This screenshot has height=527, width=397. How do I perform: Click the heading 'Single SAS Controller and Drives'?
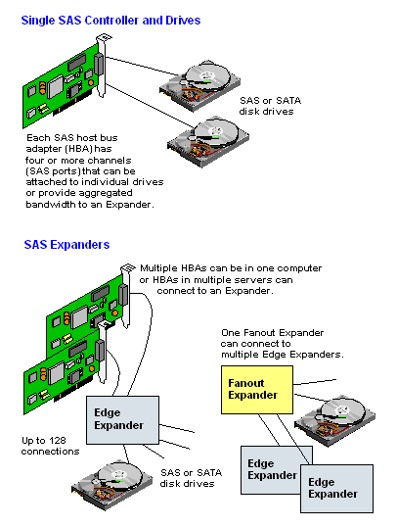110,21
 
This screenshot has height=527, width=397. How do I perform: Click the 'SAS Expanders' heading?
66,245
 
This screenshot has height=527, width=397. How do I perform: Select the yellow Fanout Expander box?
257,390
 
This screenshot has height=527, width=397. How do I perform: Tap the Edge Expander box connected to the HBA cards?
122,420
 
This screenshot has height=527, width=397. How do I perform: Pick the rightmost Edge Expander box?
336,489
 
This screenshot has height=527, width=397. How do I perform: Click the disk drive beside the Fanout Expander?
335,420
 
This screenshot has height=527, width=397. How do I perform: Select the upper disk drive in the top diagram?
199,85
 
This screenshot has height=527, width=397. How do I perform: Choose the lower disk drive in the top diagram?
208,142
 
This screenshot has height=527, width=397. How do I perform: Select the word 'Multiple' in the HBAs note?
158,268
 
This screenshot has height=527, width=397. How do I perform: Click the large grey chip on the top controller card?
55,86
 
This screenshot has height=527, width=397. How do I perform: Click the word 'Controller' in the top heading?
111,21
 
